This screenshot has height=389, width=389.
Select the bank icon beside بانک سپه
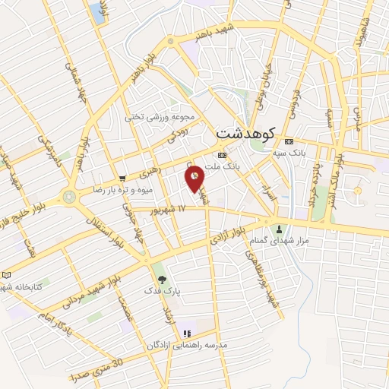click(289, 142)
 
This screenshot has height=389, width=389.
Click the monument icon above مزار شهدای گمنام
click(280, 229)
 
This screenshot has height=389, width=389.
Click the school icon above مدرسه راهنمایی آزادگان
click(186, 333)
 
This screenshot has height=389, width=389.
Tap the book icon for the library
click(7, 274)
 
